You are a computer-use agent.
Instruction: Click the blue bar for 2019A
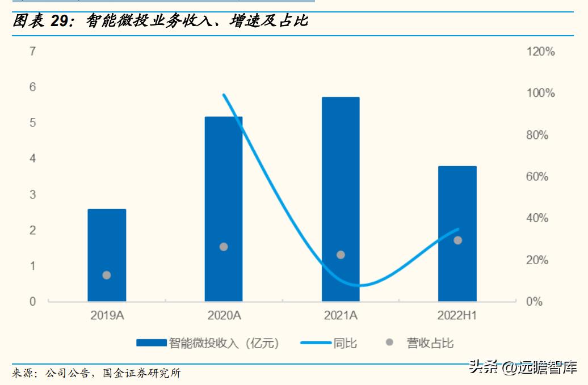point(107,255)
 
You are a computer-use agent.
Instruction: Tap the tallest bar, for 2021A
point(341,198)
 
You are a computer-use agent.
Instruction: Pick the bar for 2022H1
point(457,233)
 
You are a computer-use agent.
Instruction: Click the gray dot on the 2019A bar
point(107,275)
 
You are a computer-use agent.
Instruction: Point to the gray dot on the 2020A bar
point(224,247)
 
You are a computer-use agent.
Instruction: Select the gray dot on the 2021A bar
point(341,255)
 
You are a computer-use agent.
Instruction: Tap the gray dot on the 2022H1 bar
point(457,240)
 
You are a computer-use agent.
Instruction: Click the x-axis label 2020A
point(224,316)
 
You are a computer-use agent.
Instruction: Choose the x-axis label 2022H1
point(457,316)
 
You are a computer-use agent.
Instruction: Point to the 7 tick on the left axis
point(33,52)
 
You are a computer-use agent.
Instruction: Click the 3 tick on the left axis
point(33,194)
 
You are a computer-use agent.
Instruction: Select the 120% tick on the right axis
point(540,52)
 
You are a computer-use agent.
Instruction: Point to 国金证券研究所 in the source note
point(141,373)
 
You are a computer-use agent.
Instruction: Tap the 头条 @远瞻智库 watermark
point(523,367)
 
